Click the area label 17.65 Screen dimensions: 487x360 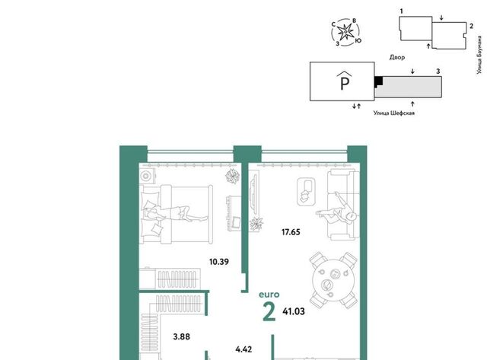coord(291,232)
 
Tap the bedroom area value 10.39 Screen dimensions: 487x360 coord(219,262)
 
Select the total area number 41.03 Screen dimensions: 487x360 coord(294,311)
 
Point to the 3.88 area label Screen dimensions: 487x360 coord(181,336)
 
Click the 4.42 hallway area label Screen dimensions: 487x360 coord(243,349)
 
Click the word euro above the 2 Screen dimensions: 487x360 coord(269,295)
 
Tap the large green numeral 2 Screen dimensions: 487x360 coord(269,312)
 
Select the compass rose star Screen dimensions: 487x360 coord(345,32)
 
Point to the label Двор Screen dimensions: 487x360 coord(397,57)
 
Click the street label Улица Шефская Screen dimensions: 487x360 coord(394,113)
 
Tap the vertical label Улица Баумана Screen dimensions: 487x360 coord(479,55)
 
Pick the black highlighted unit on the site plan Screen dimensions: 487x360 coord(378,81)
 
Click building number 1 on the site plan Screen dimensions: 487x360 coord(401,11)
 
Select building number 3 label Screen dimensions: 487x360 coord(438,71)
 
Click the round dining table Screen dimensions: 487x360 coord(333,280)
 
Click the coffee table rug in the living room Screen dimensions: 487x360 coord(307,191)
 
